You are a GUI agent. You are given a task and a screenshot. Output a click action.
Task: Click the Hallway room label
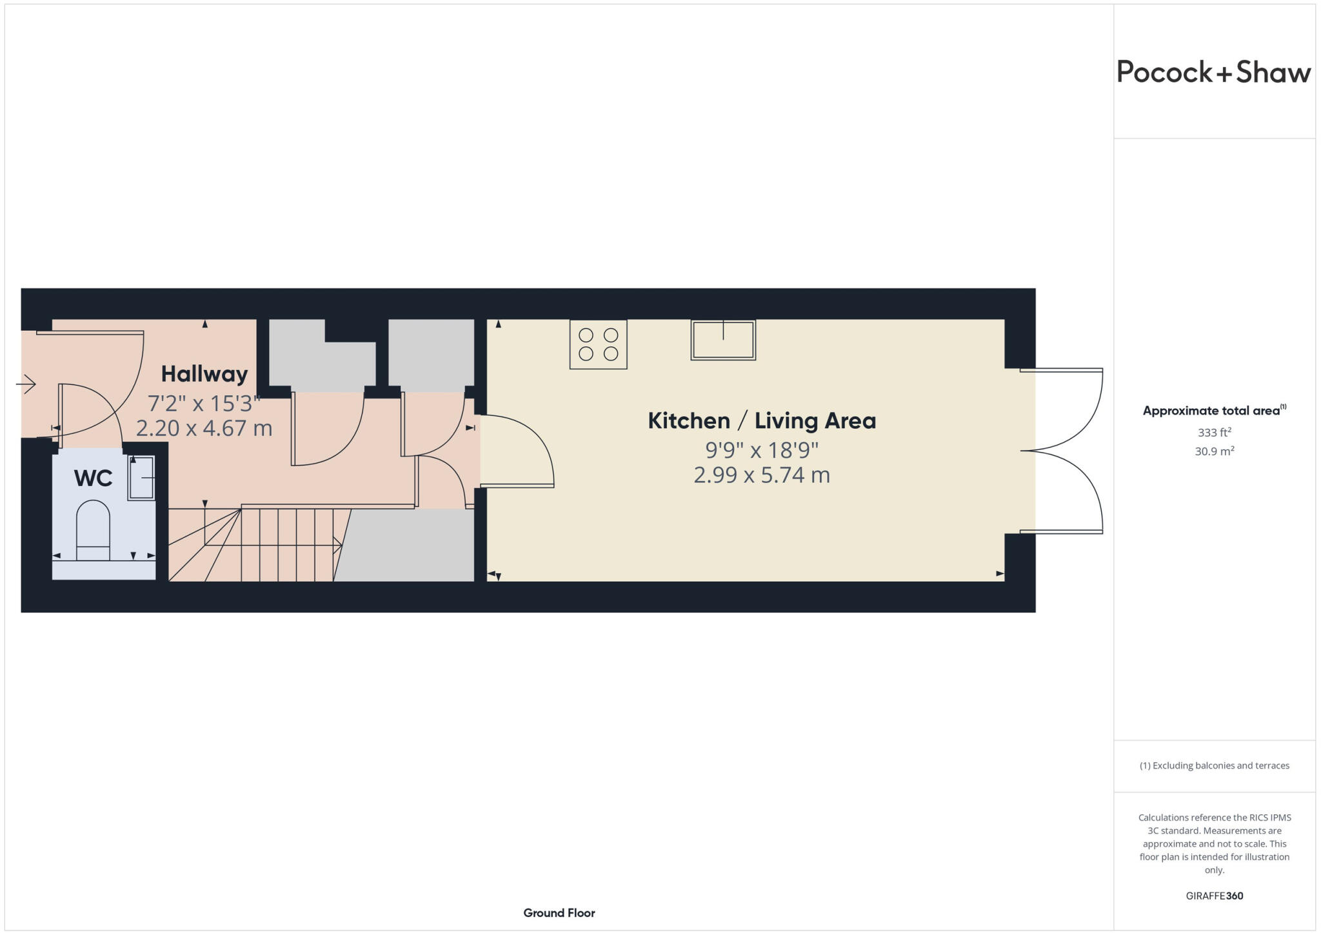(x=204, y=374)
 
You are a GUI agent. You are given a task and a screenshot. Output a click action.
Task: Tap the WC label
(x=93, y=478)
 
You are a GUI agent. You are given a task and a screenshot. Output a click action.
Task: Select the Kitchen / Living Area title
(x=762, y=421)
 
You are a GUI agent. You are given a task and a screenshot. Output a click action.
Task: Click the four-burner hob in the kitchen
(x=598, y=344)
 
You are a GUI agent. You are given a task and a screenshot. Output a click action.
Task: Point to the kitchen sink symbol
(x=722, y=340)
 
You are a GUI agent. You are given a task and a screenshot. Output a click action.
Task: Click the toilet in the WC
(x=94, y=530)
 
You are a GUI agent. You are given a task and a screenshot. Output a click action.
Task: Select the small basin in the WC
(x=141, y=478)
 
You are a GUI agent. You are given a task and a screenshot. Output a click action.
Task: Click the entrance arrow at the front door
(x=26, y=384)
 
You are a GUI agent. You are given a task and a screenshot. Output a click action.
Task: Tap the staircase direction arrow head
(x=337, y=545)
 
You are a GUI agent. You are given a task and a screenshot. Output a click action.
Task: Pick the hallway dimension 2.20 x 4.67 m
(x=204, y=428)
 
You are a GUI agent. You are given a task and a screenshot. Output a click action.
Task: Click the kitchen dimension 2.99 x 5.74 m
(x=762, y=475)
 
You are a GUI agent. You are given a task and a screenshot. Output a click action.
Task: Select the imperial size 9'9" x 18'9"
(x=762, y=449)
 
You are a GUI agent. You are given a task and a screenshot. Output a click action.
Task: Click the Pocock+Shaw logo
(x=1213, y=72)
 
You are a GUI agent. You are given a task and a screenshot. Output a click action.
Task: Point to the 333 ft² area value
(x=1214, y=432)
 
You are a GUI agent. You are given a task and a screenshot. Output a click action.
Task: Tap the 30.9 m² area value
(x=1214, y=451)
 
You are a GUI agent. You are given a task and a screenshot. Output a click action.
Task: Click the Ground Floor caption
(x=559, y=913)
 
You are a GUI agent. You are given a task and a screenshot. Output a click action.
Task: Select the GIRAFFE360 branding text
(x=1214, y=896)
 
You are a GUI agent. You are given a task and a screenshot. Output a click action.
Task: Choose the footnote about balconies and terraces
(x=1214, y=766)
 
